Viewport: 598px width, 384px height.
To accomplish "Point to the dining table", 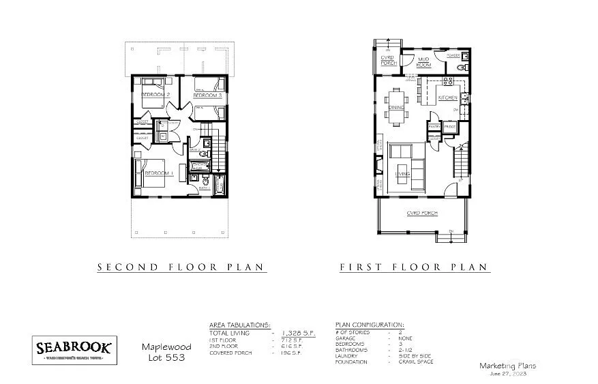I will tap(397, 106).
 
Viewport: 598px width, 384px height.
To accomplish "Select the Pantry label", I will tap(434, 127).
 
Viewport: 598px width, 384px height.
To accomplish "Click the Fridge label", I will tap(449, 127).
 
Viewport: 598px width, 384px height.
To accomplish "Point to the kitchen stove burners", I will tap(447, 80).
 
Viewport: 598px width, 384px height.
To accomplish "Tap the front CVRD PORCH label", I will tap(421, 213).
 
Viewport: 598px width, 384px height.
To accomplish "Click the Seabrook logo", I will tap(75, 349).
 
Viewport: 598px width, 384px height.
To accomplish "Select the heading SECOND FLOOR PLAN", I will tap(180, 267).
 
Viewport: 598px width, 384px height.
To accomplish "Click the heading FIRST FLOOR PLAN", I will tap(414, 267).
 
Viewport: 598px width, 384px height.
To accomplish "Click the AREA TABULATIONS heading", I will tap(238, 325).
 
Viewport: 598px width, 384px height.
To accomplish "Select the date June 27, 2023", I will tap(507, 374).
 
